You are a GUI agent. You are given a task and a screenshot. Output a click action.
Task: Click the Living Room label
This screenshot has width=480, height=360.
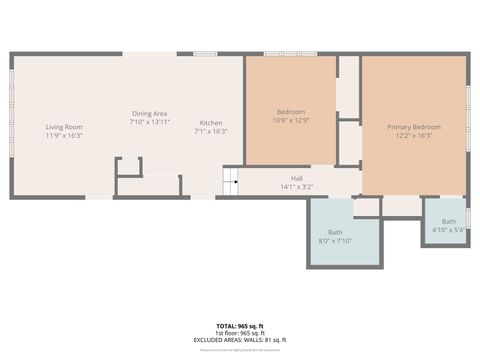tap(63, 127)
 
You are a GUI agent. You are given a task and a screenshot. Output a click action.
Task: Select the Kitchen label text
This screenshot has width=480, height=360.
tap(211, 123)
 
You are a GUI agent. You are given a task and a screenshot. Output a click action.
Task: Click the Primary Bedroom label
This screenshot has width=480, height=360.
tap(414, 127)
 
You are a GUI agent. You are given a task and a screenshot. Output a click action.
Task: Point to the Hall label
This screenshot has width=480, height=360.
tap(297, 179)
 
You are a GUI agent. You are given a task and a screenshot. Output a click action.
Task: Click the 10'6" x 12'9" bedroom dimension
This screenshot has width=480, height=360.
tap(291, 120)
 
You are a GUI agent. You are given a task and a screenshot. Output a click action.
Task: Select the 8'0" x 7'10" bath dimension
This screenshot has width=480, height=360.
tap(335, 241)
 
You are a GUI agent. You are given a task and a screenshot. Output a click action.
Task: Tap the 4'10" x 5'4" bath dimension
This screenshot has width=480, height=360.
tap(449, 230)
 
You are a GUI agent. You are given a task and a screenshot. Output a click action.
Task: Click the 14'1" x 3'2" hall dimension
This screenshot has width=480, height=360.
tap(297, 187)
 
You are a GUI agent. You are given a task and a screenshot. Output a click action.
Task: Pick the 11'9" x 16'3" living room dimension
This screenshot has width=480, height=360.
tap(63, 136)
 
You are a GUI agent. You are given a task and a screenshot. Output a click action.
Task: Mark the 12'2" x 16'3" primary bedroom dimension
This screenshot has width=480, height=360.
tap(414, 136)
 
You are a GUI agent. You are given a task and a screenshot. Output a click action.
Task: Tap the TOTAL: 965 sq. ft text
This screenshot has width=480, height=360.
tap(239, 326)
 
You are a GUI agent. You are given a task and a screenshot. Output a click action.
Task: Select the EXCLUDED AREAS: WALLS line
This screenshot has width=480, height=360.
tap(239, 340)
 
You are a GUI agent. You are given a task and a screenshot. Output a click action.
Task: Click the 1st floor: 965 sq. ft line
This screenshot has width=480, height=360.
tap(239, 333)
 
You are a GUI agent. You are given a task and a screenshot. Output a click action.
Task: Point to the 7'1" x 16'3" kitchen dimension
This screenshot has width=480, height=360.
tap(211, 131)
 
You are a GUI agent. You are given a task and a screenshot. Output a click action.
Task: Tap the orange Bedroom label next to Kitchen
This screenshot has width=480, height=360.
tap(291, 111)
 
